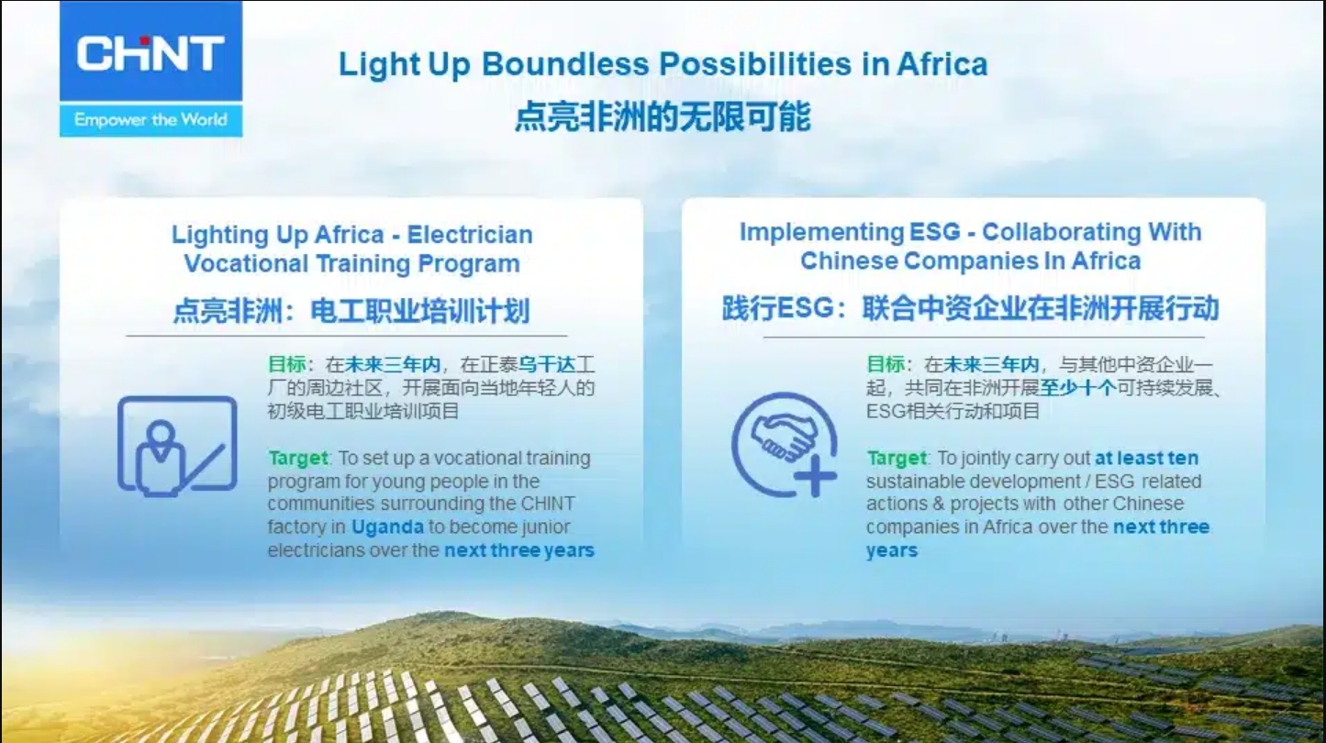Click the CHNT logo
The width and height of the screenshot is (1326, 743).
click(150, 53)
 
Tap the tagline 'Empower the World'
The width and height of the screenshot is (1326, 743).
click(150, 120)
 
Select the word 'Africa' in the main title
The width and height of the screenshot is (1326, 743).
click(942, 64)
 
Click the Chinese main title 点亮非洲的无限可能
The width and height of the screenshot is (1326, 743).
click(663, 116)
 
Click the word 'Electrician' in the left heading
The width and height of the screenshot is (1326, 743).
click(470, 235)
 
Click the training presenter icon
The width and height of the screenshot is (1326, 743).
click(177, 446)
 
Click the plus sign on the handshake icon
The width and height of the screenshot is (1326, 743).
click(815, 475)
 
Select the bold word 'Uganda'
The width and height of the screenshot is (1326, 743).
click(387, 527)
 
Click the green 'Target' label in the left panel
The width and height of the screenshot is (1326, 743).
click(297, 458)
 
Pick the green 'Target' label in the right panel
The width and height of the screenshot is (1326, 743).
click(897, 458)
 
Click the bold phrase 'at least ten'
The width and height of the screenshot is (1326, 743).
click(1147, 458)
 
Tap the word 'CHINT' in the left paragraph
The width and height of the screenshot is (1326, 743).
click(548, 504)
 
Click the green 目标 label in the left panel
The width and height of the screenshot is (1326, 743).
click(287, 364)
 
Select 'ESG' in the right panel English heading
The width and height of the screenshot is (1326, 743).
click(935, 232)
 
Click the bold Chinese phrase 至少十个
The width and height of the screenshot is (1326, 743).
click(1078, 388)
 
